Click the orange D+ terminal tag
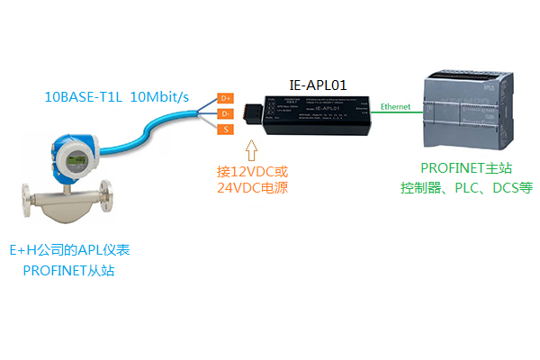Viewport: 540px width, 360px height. coord(226,97)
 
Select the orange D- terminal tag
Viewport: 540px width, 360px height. coord(226,114)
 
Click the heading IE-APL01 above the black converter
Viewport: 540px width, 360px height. coord(318,84)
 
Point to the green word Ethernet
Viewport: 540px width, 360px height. coord(395,106)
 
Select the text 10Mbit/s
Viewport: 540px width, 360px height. coord(162,96)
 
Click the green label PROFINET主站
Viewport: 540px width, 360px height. coord(466,170)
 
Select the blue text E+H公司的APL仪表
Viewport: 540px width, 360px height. coord(68,250)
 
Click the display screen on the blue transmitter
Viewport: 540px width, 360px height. coord(70,156)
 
